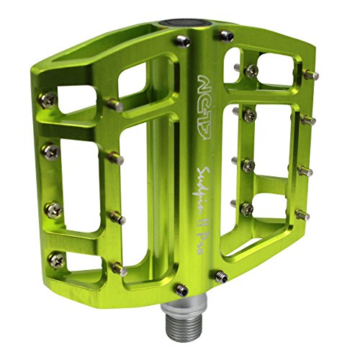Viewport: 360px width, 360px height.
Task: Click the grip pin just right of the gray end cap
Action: pos(227,35)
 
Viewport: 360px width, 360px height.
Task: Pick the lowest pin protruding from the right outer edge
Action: pos(304,215)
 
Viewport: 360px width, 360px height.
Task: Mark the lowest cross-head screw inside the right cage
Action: pos(247,208)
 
